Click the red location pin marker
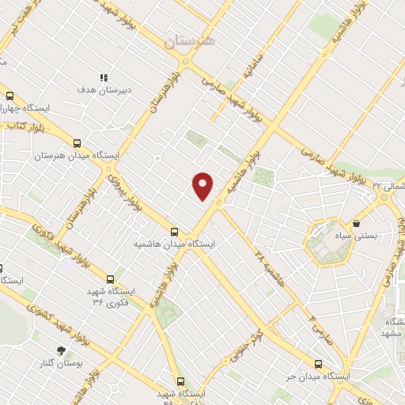point(203,186)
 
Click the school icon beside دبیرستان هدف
point(103,78)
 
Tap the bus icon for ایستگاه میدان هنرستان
point(77,143)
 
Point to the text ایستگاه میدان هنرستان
point(76,156)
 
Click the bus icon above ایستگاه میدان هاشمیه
point(174,232)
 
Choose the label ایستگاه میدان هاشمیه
point(174,244)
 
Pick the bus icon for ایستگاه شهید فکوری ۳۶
point(110,278)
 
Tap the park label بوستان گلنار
point(61,363)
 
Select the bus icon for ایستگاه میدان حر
point(318,364)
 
